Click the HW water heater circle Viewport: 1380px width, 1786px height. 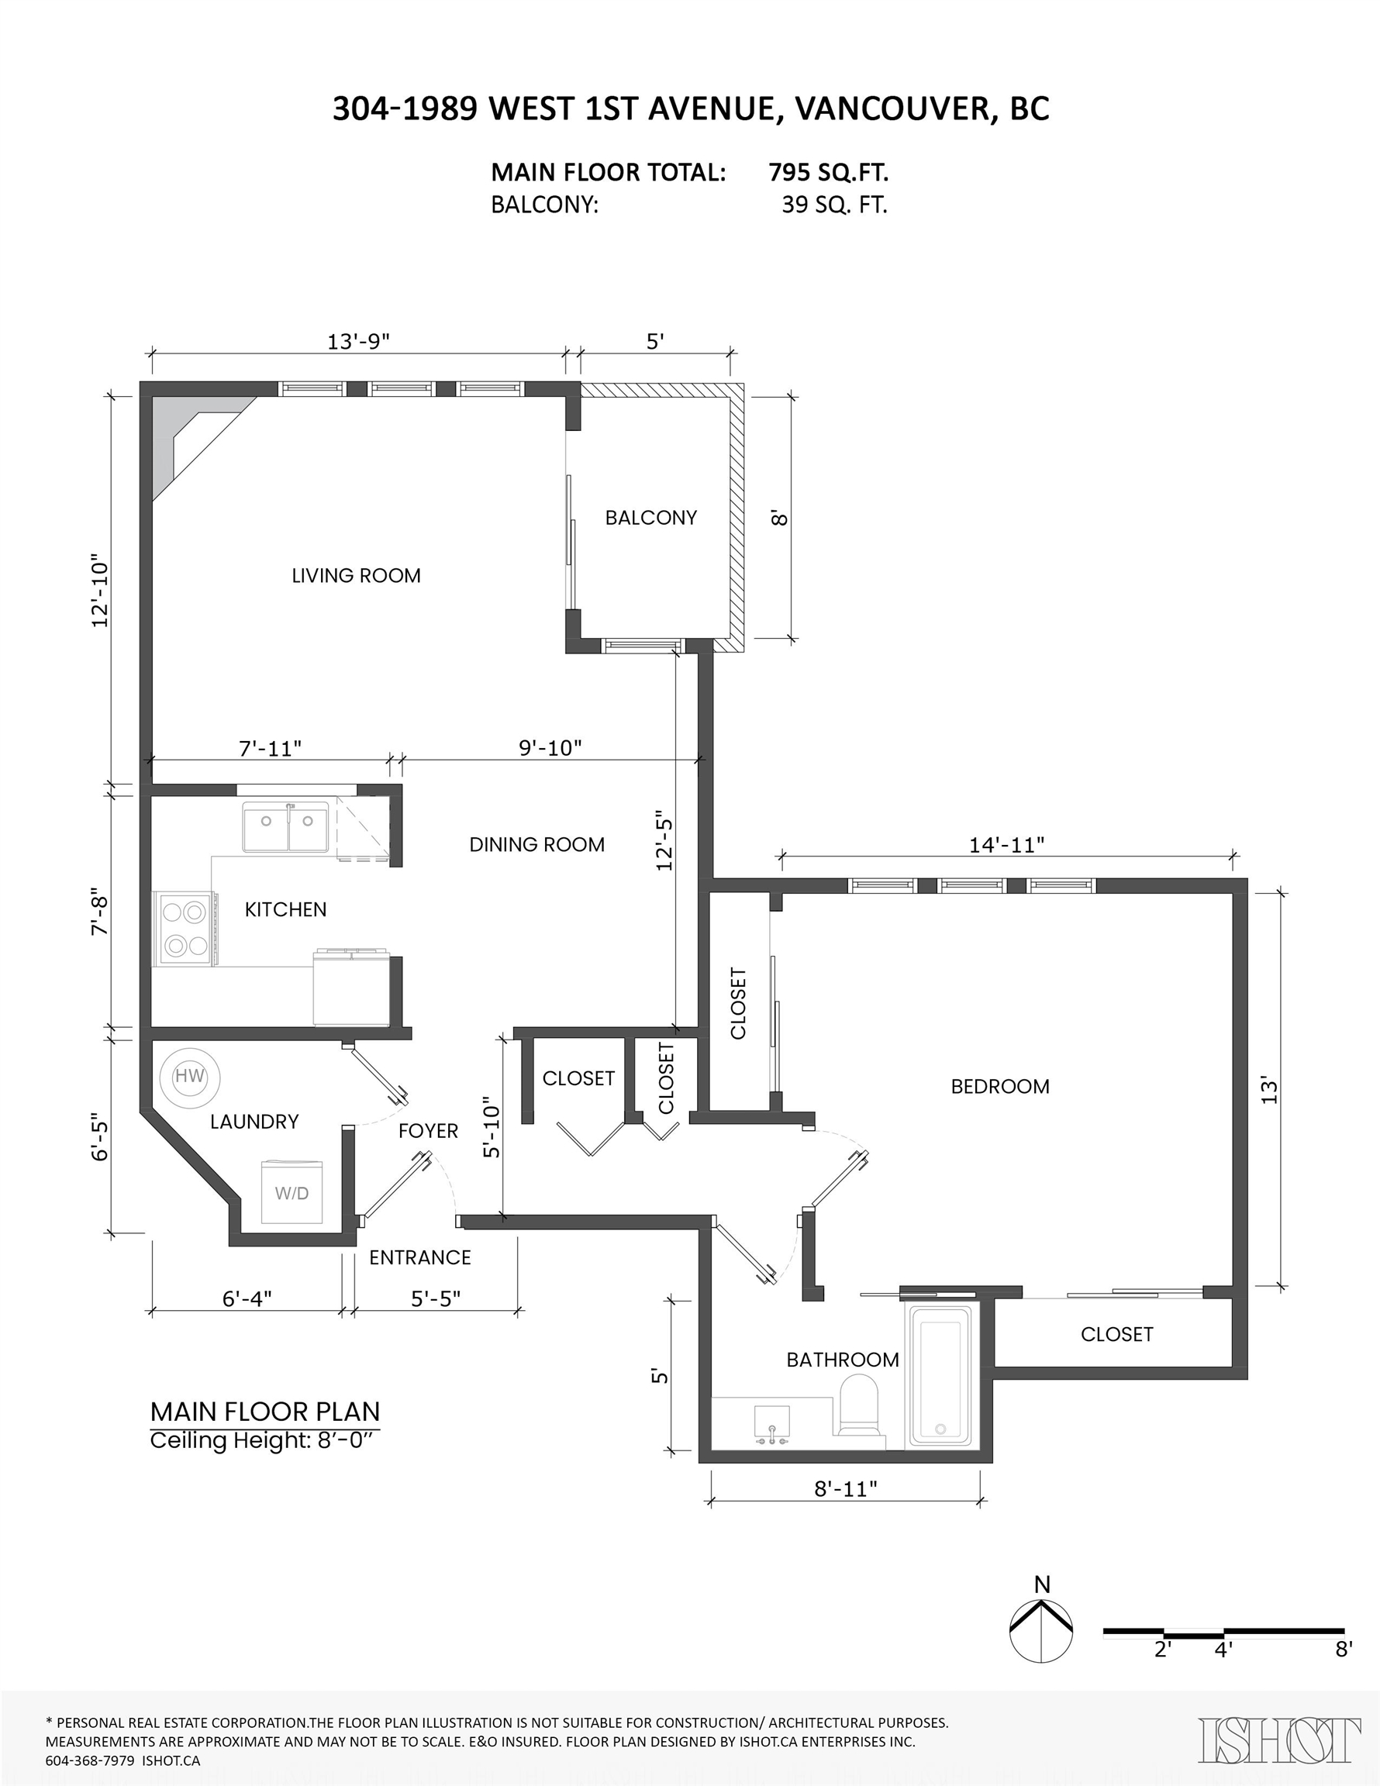pyautogui.click(x=190, y=1077)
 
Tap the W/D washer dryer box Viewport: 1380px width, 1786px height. pyautogui.click(x=292, y=1192)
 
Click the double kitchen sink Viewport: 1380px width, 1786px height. pyautogui.click(x=285, y=827)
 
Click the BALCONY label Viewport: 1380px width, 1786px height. pyautogui.click(x=651, y=518)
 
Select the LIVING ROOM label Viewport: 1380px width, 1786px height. pyautogui.click(x=357, y=576)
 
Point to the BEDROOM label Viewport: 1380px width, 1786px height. pyautogui.click(x=999, y=1087)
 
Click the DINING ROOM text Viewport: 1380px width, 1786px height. pyautogui.click(x=536, y=845)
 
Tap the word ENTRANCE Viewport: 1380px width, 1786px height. pyautogui.click(x=419, y=1258)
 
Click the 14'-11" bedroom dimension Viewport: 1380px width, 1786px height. pyautogui.click(x=1007, y=845)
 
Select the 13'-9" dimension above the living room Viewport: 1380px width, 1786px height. pyautogui.click(x=358, y=341)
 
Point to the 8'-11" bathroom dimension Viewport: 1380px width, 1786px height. pyautogui.click(x=846, y=1488)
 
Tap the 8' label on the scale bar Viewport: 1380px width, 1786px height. pyautogui.click(x=1344, y=1650)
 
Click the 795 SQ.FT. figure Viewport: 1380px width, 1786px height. pyautogui.click(x=829, y=173)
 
